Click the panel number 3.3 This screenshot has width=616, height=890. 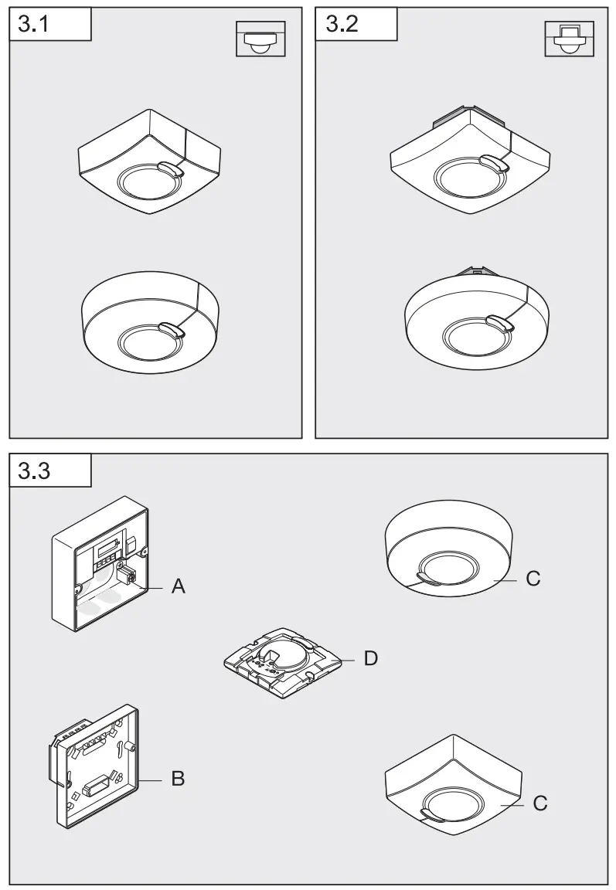point(34,470)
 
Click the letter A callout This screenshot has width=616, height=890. point(179,587)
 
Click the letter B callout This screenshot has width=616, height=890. point(178,779)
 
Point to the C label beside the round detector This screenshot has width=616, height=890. point(533,578)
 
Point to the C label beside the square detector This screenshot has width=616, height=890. point(540,803)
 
